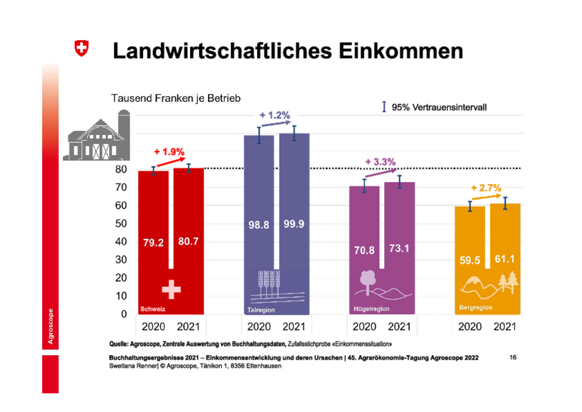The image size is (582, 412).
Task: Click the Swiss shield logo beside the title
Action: click(x=81, y=48)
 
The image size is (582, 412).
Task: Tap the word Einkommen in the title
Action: click(x=401, y=51)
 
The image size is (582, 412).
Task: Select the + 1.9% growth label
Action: click(x=169, y=152)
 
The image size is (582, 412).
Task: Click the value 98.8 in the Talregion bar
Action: click(x=259, y=225)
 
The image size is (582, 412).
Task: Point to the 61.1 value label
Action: click(x=505, y=259)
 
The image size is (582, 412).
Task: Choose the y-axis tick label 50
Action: click(x=121, y=223)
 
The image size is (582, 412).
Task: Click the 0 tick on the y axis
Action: click(x=124, y=314)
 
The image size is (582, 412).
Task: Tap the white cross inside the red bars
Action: click(x=171, y=289)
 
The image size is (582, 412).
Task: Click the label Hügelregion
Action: click(x=371, y=309)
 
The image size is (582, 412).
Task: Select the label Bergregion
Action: click(x=476, y=308)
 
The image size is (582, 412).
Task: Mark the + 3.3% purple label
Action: click(x=380, y=162)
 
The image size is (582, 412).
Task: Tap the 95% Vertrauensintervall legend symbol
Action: click(x=384, y=107)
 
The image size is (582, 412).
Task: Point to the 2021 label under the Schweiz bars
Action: click(x=188, y=327)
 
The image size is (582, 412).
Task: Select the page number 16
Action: click(x=513, y=357)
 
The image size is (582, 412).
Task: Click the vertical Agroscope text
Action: click(x=50, y=326)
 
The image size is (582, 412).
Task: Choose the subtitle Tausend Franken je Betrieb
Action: click(x=176, y=99)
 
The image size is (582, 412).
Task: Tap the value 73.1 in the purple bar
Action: click(x=399, y=248)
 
